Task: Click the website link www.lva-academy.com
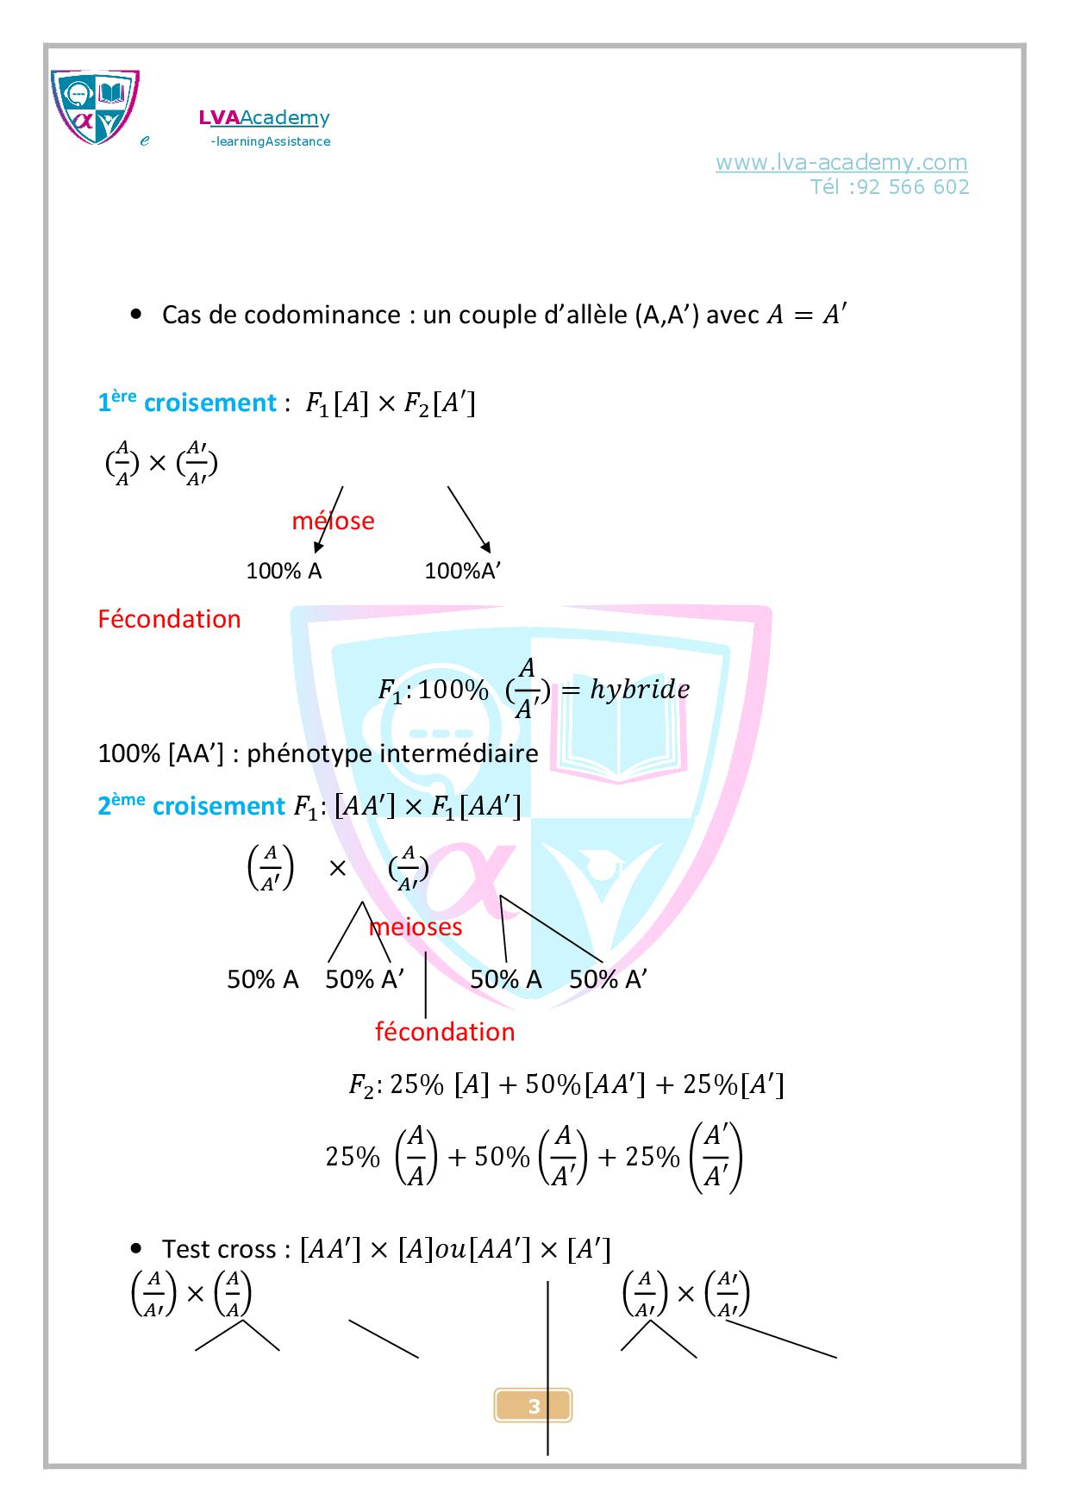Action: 841,162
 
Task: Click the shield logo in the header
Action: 94,106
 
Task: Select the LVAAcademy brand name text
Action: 264,117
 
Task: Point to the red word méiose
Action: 333,521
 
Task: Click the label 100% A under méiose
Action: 284,571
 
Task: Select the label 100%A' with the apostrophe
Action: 462,571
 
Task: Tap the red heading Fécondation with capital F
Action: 169,619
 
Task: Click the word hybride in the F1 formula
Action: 640,690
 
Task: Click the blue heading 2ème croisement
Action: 191,806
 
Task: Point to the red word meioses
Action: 416,927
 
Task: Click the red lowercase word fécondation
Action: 445,1032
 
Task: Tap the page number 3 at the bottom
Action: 534,1407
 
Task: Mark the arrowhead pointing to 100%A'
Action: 486,547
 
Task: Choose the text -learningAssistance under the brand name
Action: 271,141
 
